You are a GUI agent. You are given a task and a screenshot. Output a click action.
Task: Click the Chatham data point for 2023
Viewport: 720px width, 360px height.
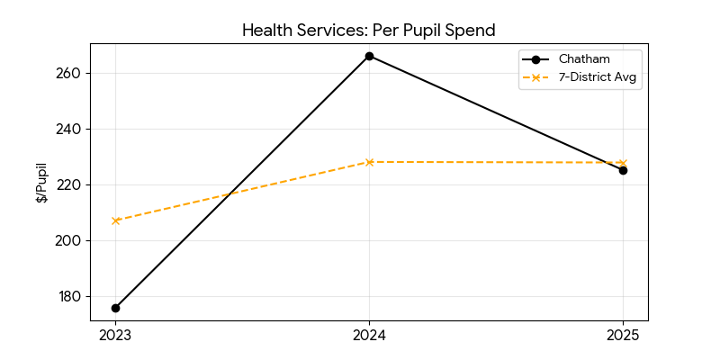tap(115, 308)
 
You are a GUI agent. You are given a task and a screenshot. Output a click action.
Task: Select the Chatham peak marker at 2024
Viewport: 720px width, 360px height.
tap(369, 56)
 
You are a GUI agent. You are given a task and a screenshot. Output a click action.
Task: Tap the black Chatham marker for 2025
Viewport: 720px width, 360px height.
tap(623, 170)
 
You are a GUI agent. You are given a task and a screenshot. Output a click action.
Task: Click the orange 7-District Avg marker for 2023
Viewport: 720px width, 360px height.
tap(115, 220)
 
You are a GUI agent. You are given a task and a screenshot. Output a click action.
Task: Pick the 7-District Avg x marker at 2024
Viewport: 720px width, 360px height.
tap(369, 162)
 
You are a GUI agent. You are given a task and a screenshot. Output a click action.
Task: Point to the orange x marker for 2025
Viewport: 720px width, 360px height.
tap(623, 163)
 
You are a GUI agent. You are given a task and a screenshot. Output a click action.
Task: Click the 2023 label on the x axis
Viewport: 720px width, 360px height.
tap(115, 336)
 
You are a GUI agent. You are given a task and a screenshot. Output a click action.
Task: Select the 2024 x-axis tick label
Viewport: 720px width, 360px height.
tap(369, 336)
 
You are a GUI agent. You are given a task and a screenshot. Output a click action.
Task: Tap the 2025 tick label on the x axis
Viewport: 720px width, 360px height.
tap(623, 336)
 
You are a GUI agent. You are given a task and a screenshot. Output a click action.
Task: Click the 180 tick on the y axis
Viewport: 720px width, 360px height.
tap(70, 297)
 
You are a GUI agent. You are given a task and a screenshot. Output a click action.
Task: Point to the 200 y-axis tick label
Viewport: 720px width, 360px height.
tap(70, 241)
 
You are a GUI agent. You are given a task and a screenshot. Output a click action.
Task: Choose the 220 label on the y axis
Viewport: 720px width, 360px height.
tap(70, 185)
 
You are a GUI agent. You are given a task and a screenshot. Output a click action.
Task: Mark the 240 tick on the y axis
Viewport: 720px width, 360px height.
tap(70, 130)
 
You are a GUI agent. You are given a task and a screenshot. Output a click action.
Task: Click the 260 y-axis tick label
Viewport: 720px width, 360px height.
tap(70, 74)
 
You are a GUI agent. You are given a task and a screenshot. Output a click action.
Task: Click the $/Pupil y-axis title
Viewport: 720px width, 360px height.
tap(42, 183)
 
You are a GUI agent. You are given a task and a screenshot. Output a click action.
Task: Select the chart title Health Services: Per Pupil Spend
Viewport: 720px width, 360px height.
tap(369, 31)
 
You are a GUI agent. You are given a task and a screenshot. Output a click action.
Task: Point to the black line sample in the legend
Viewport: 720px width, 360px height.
tap(536, 59)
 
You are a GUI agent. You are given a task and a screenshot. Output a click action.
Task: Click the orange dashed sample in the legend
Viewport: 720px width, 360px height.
tap(536, 78)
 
